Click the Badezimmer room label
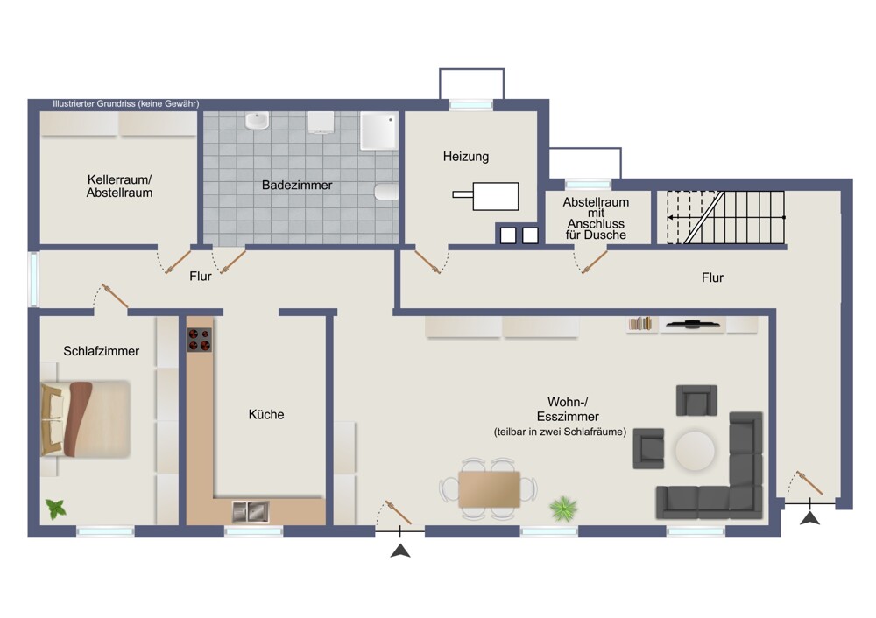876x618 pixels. click(297, 185)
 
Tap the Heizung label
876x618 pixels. click(466, 157)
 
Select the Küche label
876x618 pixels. click(266, 414)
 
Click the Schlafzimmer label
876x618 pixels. click(101, 351)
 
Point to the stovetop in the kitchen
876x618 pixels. click(200, 340)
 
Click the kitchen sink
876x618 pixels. click(251, 511)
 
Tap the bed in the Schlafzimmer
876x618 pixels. click(86, 419)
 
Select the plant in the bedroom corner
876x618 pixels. click(56, 509)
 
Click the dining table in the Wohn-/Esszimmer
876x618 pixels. click(489, 489)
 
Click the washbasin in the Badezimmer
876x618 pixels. click(257, 121)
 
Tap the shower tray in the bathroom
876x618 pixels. click(379, 131)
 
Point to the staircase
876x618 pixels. click(725, 218)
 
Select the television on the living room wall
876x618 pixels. click(692, 323)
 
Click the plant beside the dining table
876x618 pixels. click(563, 509)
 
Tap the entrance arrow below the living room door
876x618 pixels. click(400, 551)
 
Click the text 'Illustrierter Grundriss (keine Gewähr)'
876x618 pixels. click(125, 104)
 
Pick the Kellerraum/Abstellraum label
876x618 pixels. click(119, 186)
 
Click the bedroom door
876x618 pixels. click(115, 297)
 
